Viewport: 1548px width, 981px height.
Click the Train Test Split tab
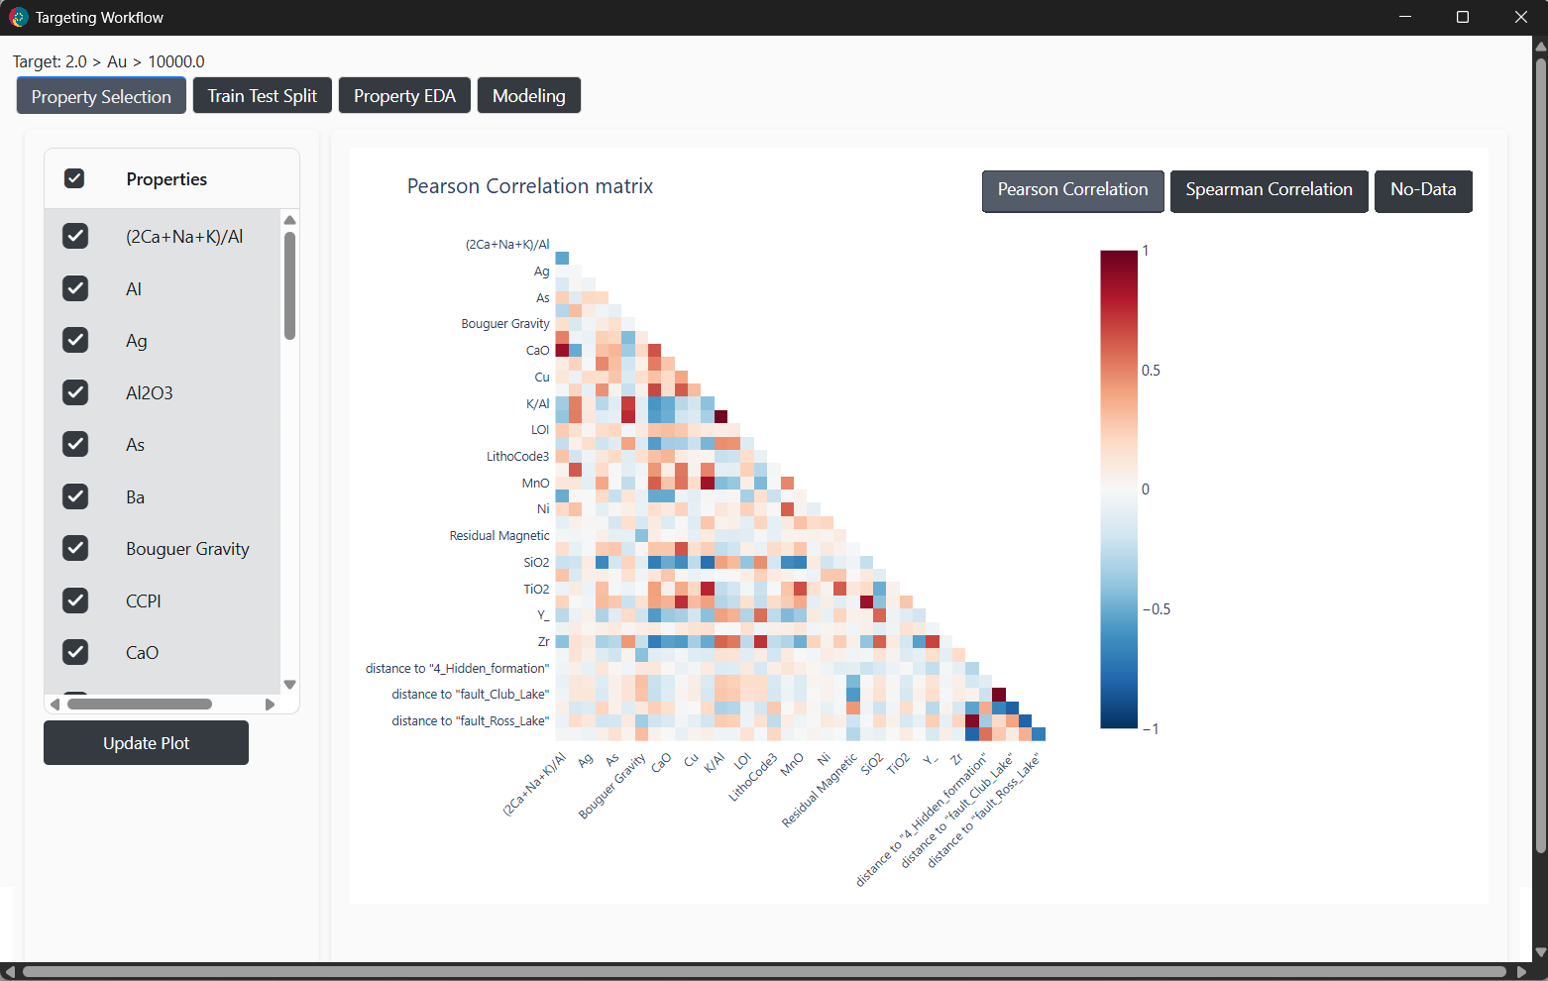coord(262,95)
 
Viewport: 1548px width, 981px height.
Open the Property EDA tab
coord(404,95)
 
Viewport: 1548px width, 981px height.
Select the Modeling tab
coord(528,95)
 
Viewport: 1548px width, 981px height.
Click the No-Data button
coord(1423,190)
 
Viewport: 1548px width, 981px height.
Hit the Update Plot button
coord(146,742)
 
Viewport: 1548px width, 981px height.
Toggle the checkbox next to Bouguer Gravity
coord(75,548)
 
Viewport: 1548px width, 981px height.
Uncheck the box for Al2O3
coord(75,392)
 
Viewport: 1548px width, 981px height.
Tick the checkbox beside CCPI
coord(75,600)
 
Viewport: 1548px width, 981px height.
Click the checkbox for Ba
coord(75,496)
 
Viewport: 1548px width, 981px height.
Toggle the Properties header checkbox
coord(74,179)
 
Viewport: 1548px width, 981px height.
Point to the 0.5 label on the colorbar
coord(1151,371)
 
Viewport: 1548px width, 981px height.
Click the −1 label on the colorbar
coord(1150,729)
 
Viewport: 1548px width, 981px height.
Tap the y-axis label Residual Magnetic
coord(499,535)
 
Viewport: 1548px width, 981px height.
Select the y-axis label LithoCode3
coord(517,456)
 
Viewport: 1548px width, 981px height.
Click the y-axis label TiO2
coord(536,589)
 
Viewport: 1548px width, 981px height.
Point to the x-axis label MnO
coord(792,764)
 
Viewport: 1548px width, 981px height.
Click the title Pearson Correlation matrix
coord(530,186)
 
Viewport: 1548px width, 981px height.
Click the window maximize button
coord(1463,17)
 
